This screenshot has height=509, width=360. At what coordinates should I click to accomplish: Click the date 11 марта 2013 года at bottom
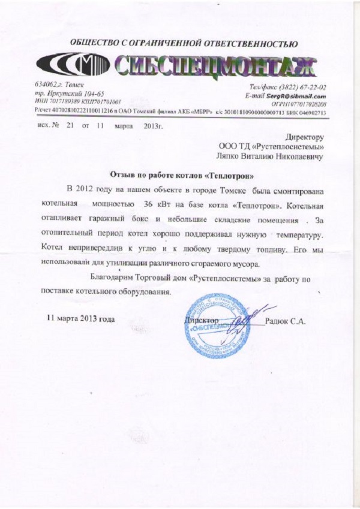80,318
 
